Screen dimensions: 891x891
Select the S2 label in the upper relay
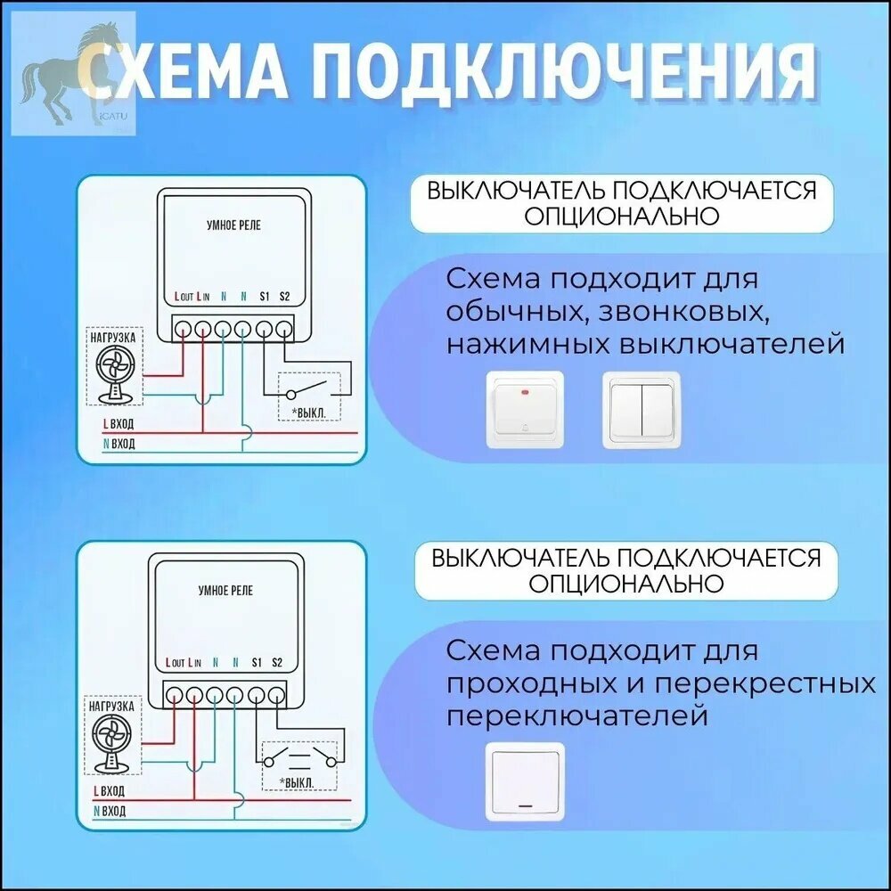[x=284, y=296]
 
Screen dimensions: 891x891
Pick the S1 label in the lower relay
[x=257, y=663]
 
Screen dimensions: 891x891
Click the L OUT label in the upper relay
[x=184, y=296]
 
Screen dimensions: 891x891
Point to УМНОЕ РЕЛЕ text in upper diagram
[x=233, y=225]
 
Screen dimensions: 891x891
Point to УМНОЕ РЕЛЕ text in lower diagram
[x=225, y=591]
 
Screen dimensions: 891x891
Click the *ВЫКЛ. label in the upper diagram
[x=308, y=413]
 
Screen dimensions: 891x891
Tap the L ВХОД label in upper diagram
[x=119, y=424]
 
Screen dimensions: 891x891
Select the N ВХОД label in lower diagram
[x=109, y=811]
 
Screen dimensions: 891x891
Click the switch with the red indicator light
[x=525, y=410]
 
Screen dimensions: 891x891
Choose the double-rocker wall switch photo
[x=642, y=410]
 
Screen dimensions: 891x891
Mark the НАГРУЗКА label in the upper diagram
[x=113, y=338]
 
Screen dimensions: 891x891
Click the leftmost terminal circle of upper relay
[x=183, y=329]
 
